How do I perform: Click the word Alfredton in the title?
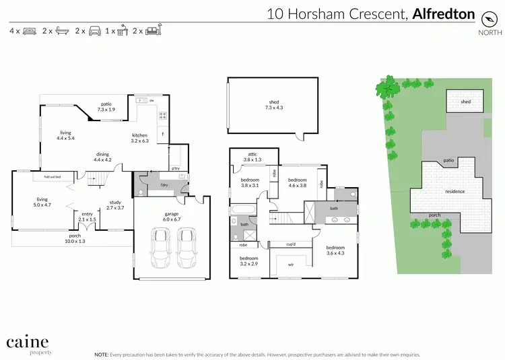pos(444,13)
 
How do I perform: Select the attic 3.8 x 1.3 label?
pos(252,157)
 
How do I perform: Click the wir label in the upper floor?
pos(291,264)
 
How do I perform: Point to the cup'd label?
pos(292,244)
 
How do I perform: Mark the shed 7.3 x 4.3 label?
pos(274,106)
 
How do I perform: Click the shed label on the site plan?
pos(465,102)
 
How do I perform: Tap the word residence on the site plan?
pos(455,192)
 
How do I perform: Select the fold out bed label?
pos(53,176)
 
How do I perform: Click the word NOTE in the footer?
pos(102,353)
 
